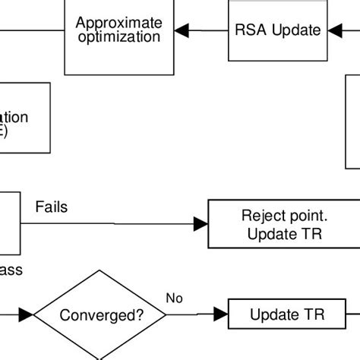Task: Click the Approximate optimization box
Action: pyautogui.click(x=118, y=53)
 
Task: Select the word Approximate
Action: pyautogui.click(x=118, y=23)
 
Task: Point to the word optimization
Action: pyautogui.click(x=118, y=36)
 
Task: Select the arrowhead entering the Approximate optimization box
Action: pyautogui.click(x=181, y=31)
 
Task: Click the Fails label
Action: pyautogui.click(x=51, y=207)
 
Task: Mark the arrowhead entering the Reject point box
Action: pyautogui.click(x=201, y=223)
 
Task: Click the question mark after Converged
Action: pyautogui.click(x=140, y=314)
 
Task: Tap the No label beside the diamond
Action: pyautogui.click(x=174, y=298)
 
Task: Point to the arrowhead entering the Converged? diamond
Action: pyautogui.click(x=27, y=314)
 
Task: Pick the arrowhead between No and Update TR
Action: pyautogui.click(x=220, y=314)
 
